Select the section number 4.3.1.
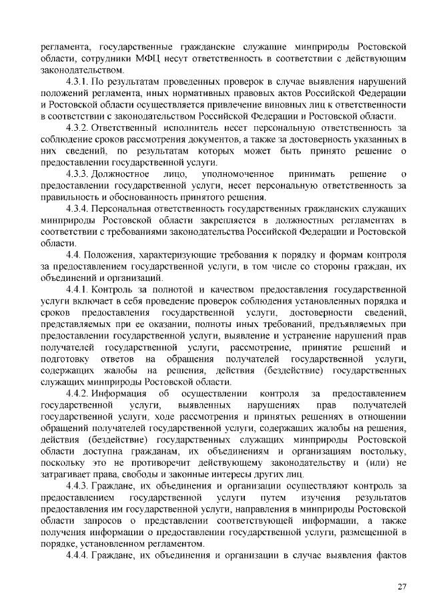(x=75, y=81)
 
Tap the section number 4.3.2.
(x=75, y=127)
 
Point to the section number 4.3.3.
(x=75, y=174)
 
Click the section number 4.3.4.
(x=75, y=208)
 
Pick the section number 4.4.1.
(x=75, y=290)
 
